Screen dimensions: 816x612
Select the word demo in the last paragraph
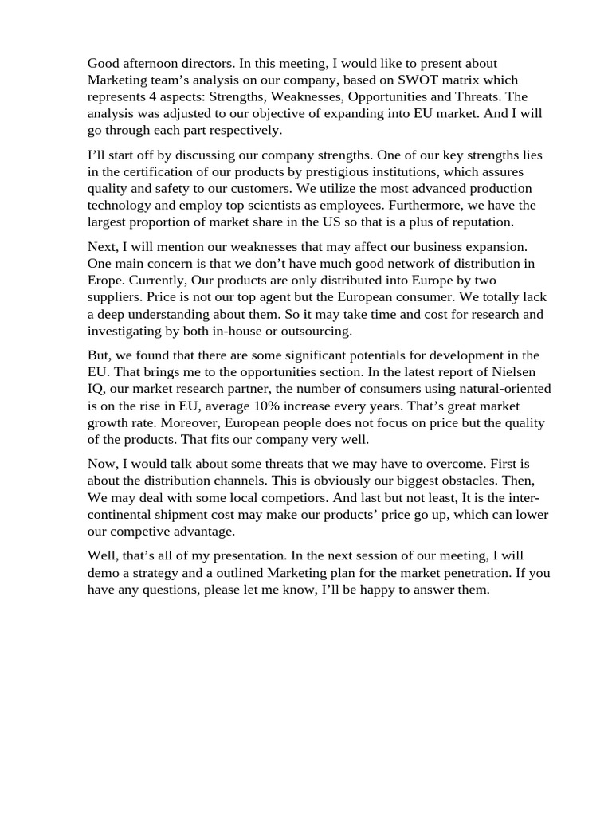[104, 573]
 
